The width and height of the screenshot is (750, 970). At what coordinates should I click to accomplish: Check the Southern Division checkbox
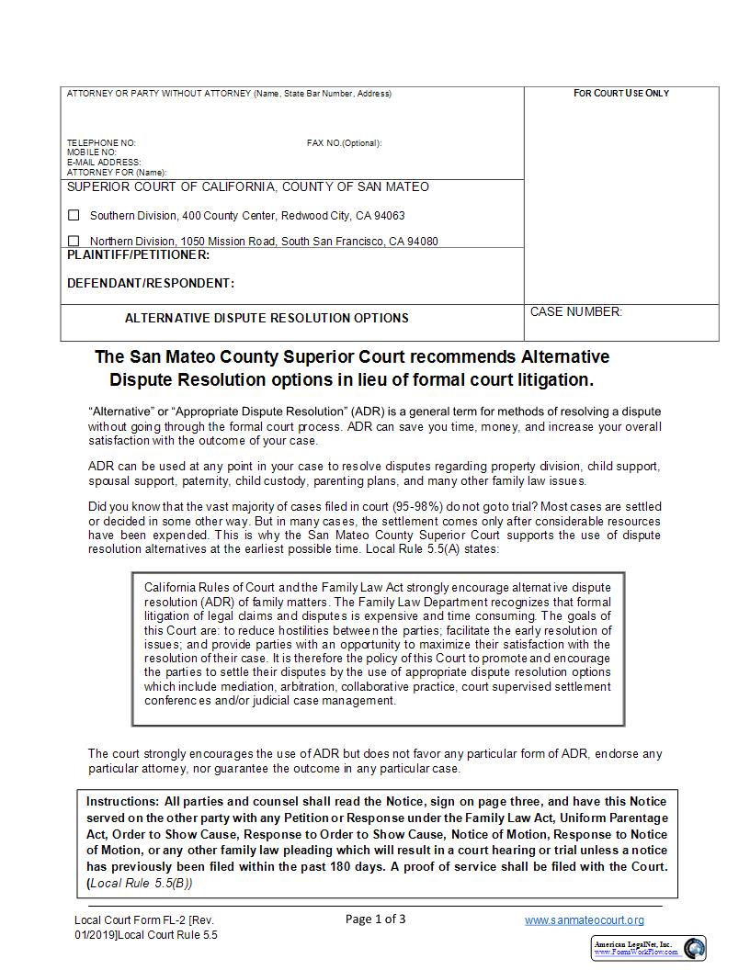(x=74, y=216)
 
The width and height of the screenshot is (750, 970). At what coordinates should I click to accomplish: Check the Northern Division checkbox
(x=74, y=242)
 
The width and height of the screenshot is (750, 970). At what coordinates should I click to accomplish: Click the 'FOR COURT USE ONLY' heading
(x=621, y=94)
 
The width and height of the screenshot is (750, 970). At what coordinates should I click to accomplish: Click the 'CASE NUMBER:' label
(x=575, y=312)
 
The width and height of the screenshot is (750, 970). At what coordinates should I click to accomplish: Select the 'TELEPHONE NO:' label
(x=101, y=143)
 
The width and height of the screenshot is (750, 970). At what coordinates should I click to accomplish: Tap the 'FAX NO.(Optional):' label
(x=344, y=143)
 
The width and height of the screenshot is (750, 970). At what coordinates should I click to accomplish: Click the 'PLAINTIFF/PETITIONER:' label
(x=138, y=254)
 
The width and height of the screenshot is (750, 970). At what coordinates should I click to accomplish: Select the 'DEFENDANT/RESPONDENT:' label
(x=151, y=283)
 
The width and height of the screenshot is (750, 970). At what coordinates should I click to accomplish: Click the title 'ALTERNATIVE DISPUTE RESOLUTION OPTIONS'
(x=267, y=318)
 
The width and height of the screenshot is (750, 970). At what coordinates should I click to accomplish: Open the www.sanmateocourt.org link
(x=584, y=919)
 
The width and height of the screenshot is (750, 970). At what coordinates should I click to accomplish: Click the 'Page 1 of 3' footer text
(x=375, y=919)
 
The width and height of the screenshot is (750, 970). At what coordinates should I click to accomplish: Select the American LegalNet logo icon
(x=694, y=948)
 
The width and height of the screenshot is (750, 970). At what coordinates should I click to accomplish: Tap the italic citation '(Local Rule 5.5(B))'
(x=140, y=884)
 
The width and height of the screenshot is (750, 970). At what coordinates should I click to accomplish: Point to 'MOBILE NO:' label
(x=92, y=152)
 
